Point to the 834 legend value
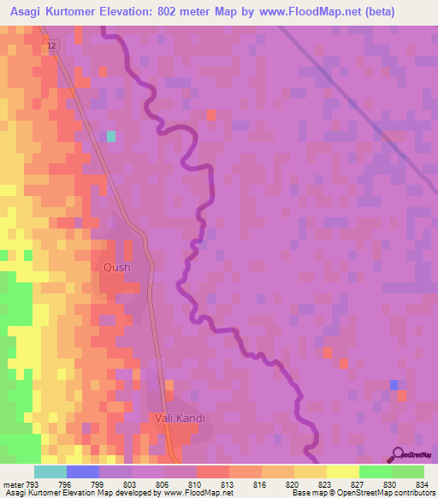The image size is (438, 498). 422,483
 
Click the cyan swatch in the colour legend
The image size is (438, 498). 50,471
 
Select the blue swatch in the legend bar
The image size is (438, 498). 83,471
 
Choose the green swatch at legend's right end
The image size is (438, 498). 408,471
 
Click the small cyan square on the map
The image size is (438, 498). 111,136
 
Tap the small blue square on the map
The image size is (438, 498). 394,385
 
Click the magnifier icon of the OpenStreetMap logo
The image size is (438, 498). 397,454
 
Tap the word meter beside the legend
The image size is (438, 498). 14,483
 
